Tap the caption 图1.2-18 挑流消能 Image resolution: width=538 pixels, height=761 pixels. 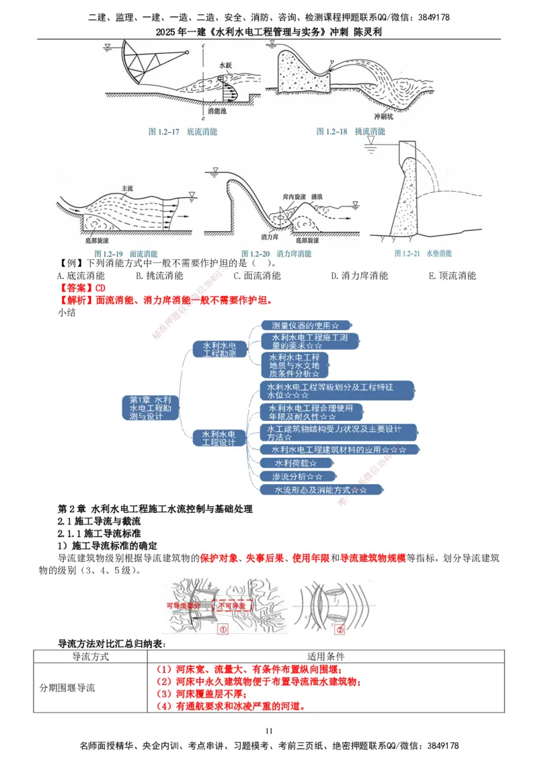[x=350, y=132]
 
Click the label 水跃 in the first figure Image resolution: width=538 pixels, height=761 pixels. [x=225, y=65]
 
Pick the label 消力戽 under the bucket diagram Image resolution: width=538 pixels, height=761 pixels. [x=270, y=237]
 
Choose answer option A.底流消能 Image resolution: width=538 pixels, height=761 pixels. [x=81, y=276]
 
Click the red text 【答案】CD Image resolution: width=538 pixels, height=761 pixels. [x=78, y=288]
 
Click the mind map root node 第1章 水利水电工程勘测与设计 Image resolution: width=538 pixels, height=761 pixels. [x=151, y=408]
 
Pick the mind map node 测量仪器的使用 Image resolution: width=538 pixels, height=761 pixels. [x=305, y=325]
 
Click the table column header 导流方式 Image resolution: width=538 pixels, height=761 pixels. [x=86, y=656]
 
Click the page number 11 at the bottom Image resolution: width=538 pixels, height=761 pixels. [x=269, y=731]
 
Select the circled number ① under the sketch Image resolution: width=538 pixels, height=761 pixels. [x=223, y=630]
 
